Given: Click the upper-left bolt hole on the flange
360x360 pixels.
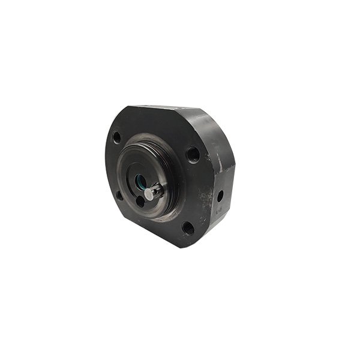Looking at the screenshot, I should [x=116, y=137].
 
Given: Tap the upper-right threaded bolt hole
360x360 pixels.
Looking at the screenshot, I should [x=193, y=154].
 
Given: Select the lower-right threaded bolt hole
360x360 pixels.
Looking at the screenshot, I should [x=188, y=228].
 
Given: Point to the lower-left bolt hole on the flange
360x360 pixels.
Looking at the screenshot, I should [x=119, y=195].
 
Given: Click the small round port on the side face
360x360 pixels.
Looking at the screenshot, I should [x=220, y=196].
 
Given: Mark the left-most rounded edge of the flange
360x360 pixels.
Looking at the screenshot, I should [x=107, y=162].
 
